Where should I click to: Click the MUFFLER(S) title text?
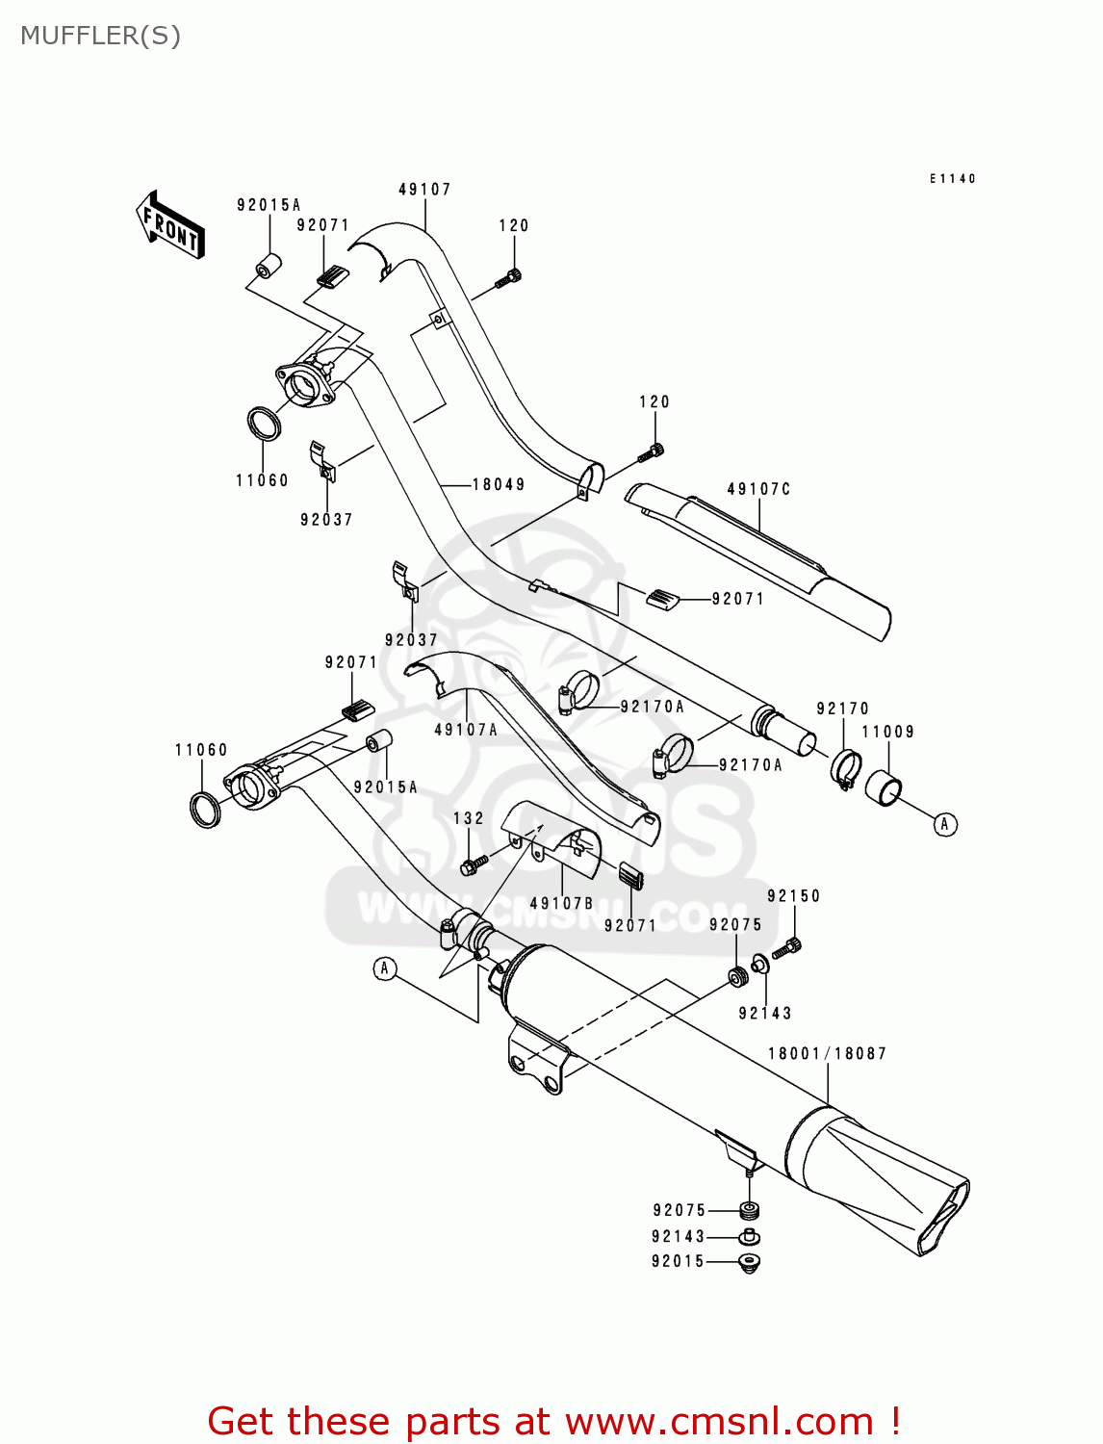[100, 36]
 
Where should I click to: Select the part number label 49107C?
[758, 489]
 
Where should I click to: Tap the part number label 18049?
[499, 484]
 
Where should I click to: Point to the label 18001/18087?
[827, 1053]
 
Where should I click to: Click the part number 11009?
[887, 732]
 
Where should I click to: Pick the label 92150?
[794, 895]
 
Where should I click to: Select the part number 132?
[469, 818]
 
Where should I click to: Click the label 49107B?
[561, 903]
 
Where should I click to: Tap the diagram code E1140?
[952, 178]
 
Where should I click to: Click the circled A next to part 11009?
[945, 824]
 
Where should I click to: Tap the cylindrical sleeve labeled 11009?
[885, 786]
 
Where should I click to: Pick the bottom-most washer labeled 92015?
[749, 1262]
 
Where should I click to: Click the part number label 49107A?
[466, 730]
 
